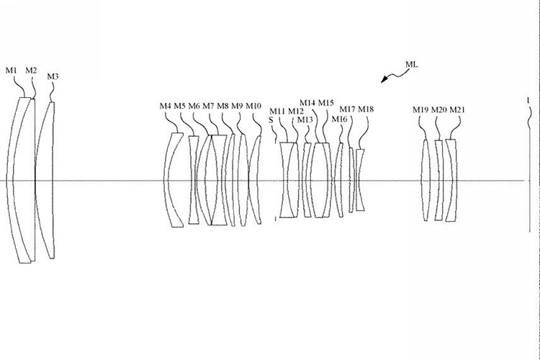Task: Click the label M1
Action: point(11,70)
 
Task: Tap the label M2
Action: point(31,70)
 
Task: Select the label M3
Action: point(53,76)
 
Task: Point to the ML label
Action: point(411,64)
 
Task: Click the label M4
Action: point(166,106)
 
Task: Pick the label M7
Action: point(208,106)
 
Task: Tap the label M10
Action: point(253,106)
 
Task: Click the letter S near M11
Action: point(271,120)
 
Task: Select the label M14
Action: point(307,102)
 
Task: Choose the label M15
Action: point(326,102)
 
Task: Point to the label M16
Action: point(339,119)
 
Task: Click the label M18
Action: point(366,109)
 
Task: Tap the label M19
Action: point(420,109)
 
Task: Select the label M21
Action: point(457,109)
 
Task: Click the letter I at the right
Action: point(528,101)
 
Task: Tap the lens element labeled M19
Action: point(426,180)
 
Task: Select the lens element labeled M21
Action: point(451,180)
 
